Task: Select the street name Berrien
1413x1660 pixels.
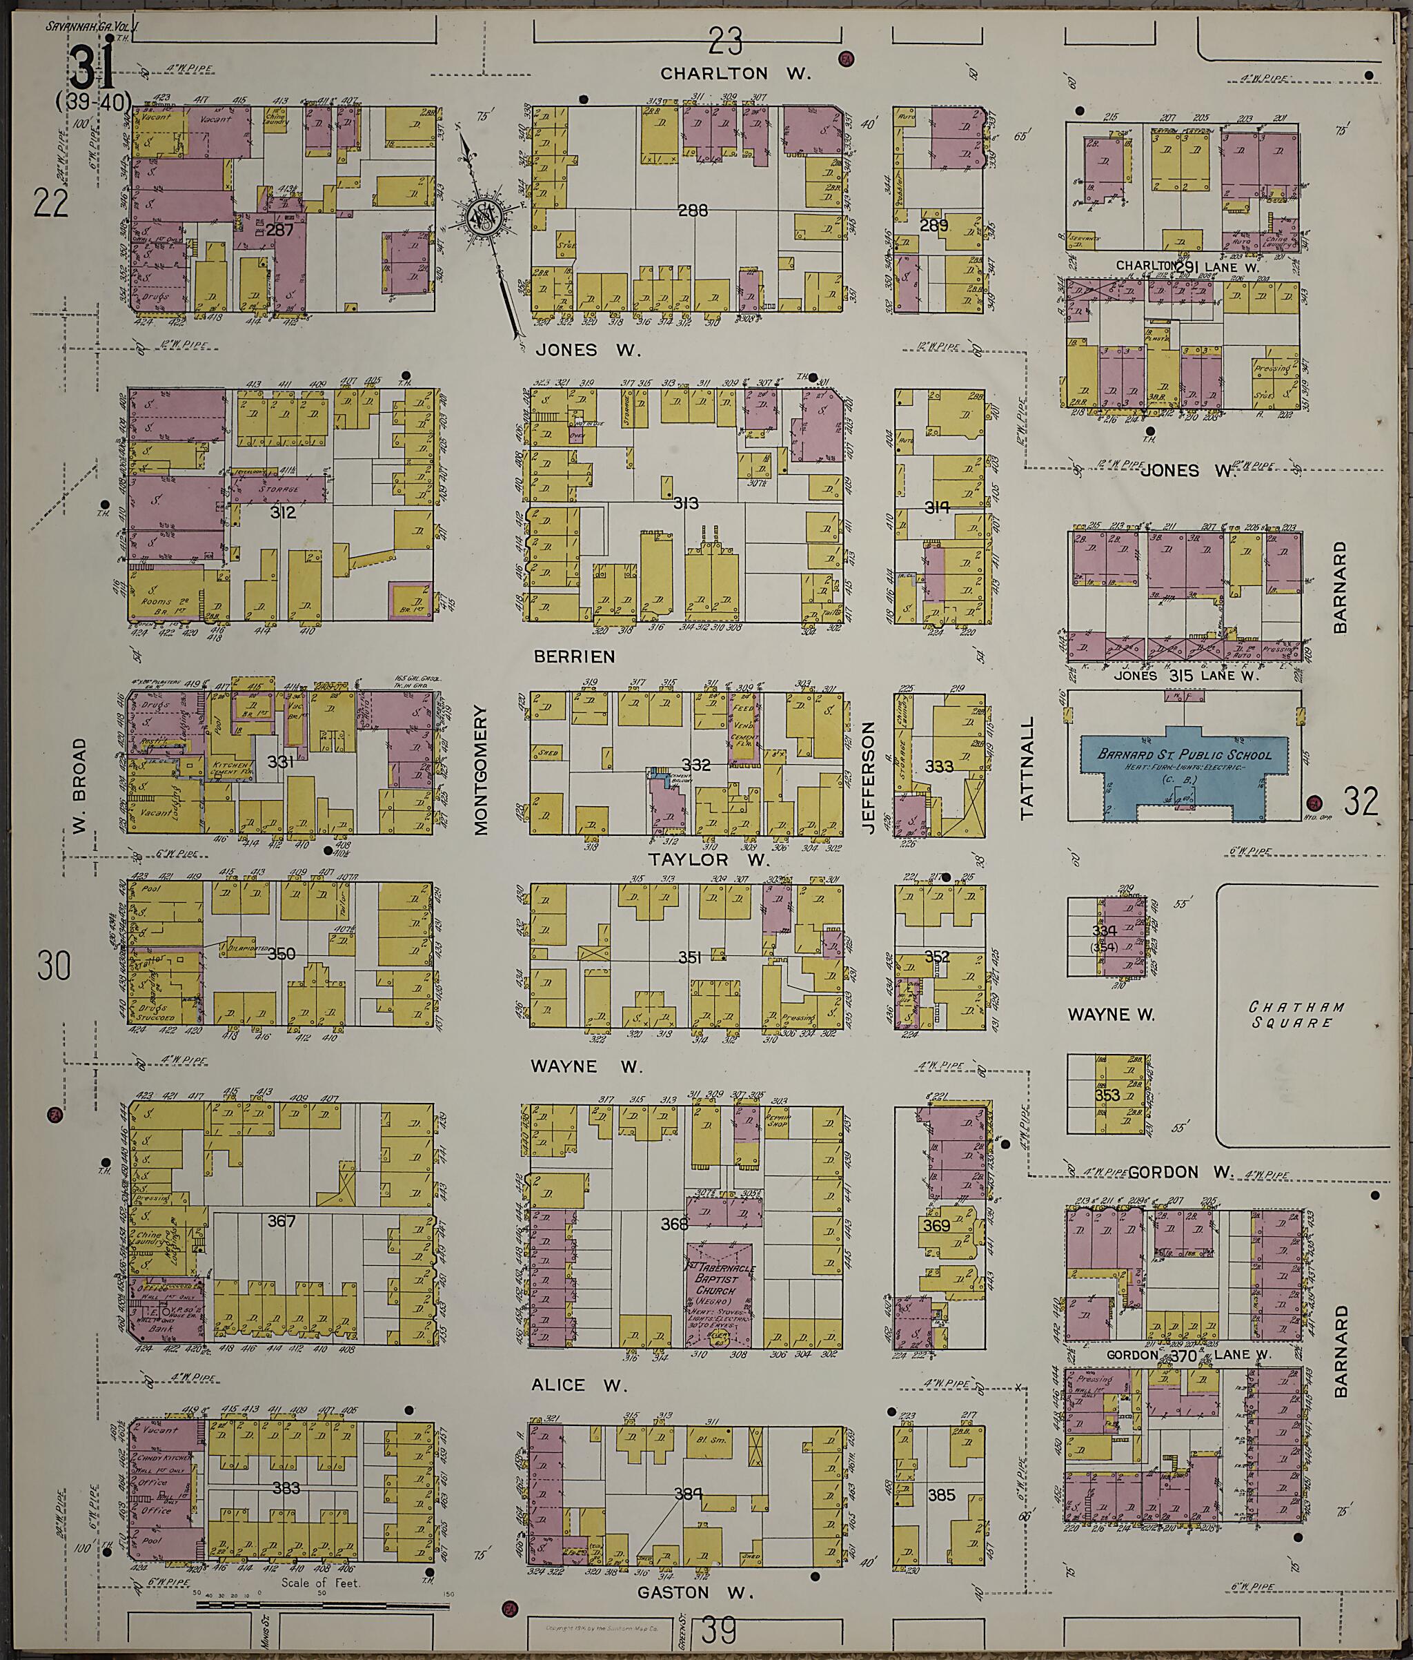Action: (574, 656)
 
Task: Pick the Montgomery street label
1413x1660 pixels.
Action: (481, 759)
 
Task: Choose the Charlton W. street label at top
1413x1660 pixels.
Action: (736, 73)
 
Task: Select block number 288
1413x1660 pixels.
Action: (692, 211)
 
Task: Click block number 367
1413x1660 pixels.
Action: (282, 1221)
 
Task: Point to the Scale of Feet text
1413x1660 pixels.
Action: (319, 1584)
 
